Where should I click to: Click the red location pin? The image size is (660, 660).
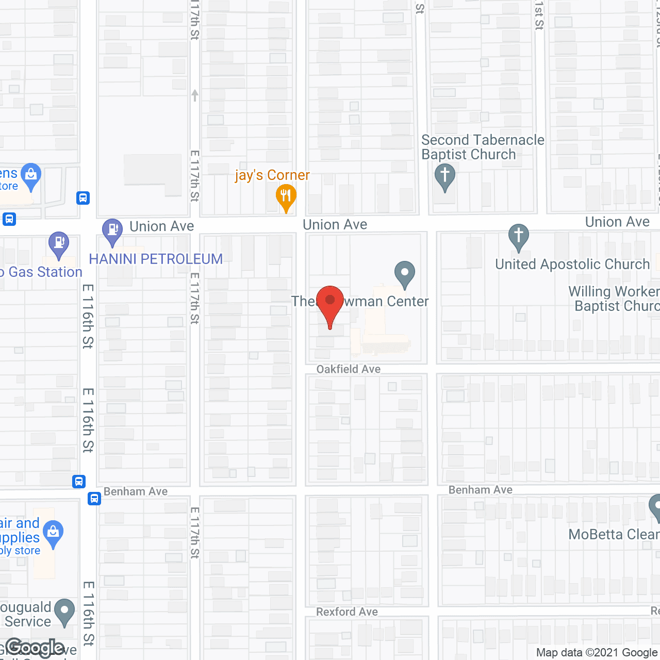pyautogui.click(x=330, y=304)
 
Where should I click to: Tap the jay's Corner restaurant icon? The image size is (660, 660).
pyautogui.click(x=286, y=197)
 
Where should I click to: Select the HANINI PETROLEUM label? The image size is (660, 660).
pyautogui.click(x=156, y=259)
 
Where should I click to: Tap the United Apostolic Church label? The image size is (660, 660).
pyautogui.click(x=572, y=265)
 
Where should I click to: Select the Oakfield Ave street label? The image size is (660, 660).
pyautogui.click(x=349, y=369)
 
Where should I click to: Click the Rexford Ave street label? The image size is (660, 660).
pyautogui.click(x=347, y=612)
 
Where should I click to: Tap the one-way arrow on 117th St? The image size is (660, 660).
pyautogui.click(x=195, y=95)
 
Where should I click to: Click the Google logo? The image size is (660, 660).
pyautogui.click(x=35, y=648)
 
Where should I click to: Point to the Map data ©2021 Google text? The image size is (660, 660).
pyautogui.click(x=597, y=653)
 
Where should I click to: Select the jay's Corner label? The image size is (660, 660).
pyautogui.click(x=272, y=175)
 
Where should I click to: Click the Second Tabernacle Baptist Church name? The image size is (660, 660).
pyautogui.click(x=482, y=147)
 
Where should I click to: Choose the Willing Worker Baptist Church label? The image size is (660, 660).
pyautogui.click(x=614, y=299)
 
